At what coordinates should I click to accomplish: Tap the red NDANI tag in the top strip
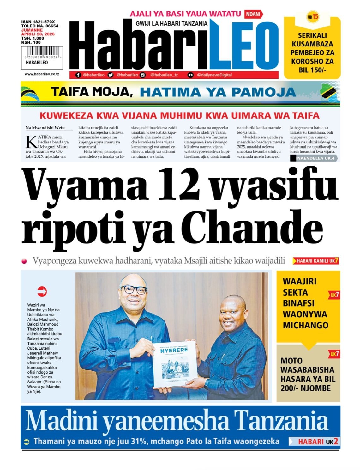pyautogui.click(x=253, y=14)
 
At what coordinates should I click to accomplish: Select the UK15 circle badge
pyautogui.click(x=313, y=17)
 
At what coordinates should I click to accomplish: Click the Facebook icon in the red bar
pyautogui.click(x=78, y=75)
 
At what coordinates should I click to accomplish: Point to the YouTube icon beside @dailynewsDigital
pyautogui.click(x=190, y=75)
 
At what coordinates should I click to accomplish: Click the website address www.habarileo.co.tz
pyautogui.click(x=42, y=74)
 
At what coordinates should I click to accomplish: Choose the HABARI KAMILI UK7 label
pyautogui.click(x=316, y=261)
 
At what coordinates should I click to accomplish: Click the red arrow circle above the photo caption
pyautogui.click(x=42, y=291)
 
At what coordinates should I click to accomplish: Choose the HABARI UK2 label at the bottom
pyautogui.click(x=314, y=441)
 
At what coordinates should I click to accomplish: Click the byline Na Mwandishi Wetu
pyautogui.click(x=45, y=128)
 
